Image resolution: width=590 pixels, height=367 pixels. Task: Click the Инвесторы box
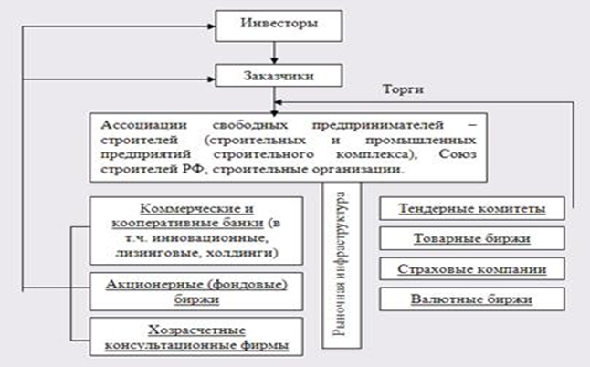pyautogui.click(x=279, y=26)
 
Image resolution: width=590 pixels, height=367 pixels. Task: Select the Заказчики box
pyautogui.click(x=279, y=76)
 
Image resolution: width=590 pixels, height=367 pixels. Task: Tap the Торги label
pyautogui.click(x=403, y=89)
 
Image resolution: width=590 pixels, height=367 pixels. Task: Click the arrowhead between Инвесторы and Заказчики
pyautogui.click(x=274, y=60)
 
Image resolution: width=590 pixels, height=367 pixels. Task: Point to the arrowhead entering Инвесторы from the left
pyautogui.click(x=212, y=26)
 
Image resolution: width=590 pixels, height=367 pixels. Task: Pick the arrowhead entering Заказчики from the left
pyautogui.click(x=212, y=79)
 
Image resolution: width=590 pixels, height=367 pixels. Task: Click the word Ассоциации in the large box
pyautogui.click(x=143, y=125)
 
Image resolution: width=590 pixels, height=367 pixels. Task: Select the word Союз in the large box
pyautogui.click(x=458, y=154)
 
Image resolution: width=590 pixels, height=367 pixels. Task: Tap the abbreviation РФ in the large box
pyautogui.click(x=194, y=169)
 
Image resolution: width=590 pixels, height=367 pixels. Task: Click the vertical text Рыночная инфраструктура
pyautogui.click(x=341, y=264)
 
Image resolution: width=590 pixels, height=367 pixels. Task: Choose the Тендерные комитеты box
pyautogui.click(x=472, y=208)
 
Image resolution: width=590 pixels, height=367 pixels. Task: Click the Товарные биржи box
pyautogui.click(x=472, y=238)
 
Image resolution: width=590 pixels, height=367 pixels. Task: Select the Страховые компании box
pyautogui.click(x=472, y=268)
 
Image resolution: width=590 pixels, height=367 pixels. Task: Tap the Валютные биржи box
pyautogui.click(x=472, y=299)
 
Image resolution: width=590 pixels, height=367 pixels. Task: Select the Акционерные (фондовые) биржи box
pyautogui.click(x=196, y=292)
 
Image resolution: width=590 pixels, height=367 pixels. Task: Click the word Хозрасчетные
pyautogui.click(x=196, y=330)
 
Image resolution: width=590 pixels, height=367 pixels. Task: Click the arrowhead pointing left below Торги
pyautogui.click(x=279, y=102)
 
